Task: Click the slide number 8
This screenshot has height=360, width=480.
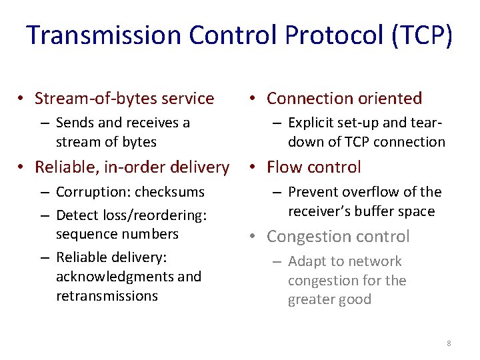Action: (x=449, y=343)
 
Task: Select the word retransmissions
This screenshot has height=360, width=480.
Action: (x=107, y=296)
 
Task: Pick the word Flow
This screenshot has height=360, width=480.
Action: (x=285, y=167)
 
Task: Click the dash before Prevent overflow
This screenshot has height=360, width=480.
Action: (x=276, y=193)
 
